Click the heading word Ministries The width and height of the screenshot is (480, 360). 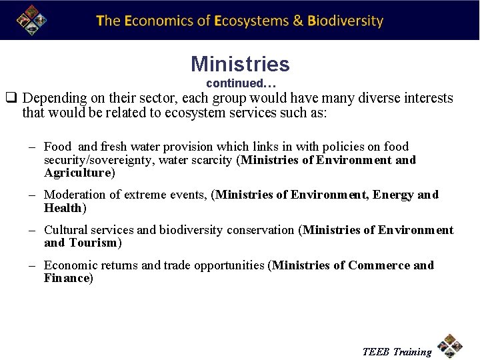coord(240,64)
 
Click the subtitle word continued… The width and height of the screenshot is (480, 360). coord(241,84)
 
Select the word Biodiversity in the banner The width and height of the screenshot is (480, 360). coord(345,21)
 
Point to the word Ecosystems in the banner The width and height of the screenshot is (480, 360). coord(250,21)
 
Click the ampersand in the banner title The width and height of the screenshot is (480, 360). coord(299,21)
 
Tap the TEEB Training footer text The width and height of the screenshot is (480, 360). coord(397,352)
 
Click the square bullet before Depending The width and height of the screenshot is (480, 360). coord(11,99)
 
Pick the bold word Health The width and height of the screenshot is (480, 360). coord(63,208)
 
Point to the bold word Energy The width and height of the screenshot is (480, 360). coord(393,195)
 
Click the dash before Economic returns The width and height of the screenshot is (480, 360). coord(32,265)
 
